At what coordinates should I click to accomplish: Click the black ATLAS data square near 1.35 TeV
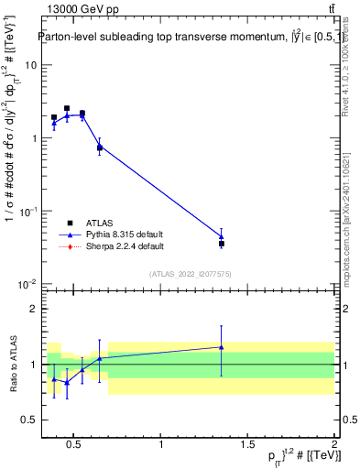coord(222,244)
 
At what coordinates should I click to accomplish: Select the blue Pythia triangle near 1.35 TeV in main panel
coord(222,236)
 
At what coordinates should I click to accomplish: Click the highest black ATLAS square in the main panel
coord(67,108)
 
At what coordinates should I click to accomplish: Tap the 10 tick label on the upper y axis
coord(31,65)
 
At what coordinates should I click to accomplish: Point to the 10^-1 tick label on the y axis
coord(27,212)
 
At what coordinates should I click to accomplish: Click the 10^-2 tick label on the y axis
coord(27,285)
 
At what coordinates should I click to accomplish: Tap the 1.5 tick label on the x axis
coord(247,445)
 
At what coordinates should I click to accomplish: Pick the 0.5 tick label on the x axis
coord(76,445)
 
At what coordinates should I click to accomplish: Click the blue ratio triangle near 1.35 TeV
coord(222,347)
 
